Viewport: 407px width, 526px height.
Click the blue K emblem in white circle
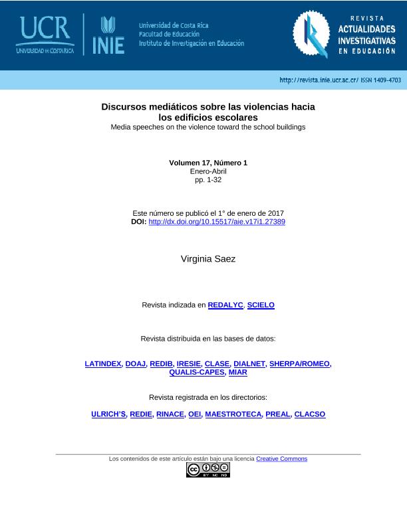pos(311,35)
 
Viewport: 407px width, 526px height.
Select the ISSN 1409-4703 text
pos(381,80)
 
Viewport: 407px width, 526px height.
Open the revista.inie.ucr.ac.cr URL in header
pos(319,80)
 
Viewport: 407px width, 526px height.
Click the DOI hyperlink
pos(217,222)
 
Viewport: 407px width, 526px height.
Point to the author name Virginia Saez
pos(208,259)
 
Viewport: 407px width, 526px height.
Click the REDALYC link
pos(225,305)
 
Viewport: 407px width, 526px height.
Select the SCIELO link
pos(261,305)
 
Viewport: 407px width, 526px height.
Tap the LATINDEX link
pos(103,364)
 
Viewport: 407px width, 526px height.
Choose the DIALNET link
pos(249,364)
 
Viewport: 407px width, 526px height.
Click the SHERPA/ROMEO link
pos(299,364)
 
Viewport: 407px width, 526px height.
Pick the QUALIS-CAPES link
pos(197,373)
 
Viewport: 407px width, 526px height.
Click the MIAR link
pos(237,373)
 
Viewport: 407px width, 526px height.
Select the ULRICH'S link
pos(108,414)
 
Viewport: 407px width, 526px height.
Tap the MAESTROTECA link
pos(233,414)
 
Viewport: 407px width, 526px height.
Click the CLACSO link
pos(310,414)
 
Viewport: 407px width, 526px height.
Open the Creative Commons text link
pos(281,459)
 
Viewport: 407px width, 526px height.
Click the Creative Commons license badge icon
pos(208,470)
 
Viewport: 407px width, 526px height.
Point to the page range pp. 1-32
pos(208,180)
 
